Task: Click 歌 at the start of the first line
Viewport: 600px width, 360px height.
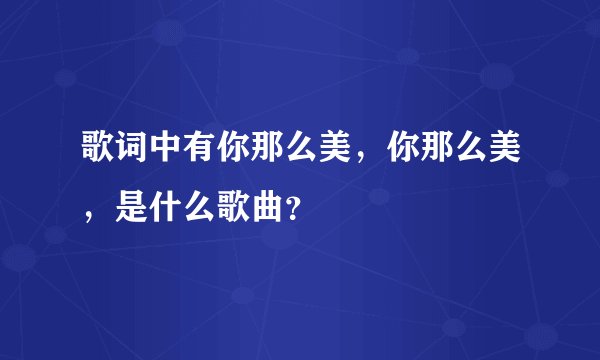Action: [99, 151]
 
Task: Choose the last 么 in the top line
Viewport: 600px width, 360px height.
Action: [476, 151]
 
